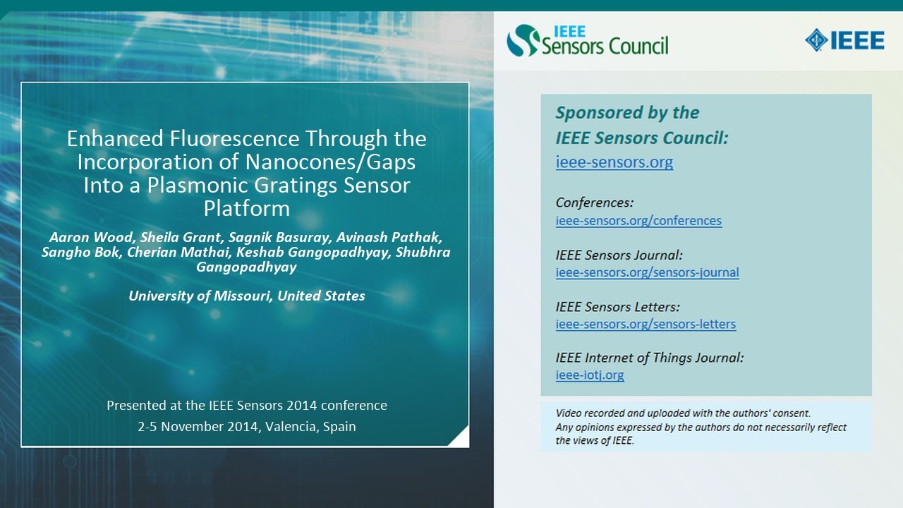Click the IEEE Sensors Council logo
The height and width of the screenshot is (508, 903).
tap(587, 40)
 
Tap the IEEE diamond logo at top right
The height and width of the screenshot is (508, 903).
tap(844, 40)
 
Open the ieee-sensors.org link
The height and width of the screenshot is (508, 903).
tap(614, 162)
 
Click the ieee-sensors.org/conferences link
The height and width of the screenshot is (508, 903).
tap(638, 220)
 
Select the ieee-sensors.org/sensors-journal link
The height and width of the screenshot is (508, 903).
tap(647, 272)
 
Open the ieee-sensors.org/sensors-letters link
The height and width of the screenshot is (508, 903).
tap(646, 325)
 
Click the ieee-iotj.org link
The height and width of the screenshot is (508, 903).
tap(590, 375)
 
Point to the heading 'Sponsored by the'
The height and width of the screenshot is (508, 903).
tap(627, 113)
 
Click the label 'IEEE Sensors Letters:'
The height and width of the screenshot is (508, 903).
tap(617, 307)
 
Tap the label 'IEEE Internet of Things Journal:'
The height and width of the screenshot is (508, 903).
tap(649, 358)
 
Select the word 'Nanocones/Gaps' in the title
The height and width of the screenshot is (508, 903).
tap(330, 162)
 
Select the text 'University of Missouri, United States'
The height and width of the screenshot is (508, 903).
tap(246, 296)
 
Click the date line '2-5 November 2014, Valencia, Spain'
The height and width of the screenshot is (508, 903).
tap(246, 426)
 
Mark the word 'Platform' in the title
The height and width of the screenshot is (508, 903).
tap(246, 209)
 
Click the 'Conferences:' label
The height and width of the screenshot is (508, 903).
tap(594, 202)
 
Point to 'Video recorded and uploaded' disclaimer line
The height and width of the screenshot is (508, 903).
tap(683, 413)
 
